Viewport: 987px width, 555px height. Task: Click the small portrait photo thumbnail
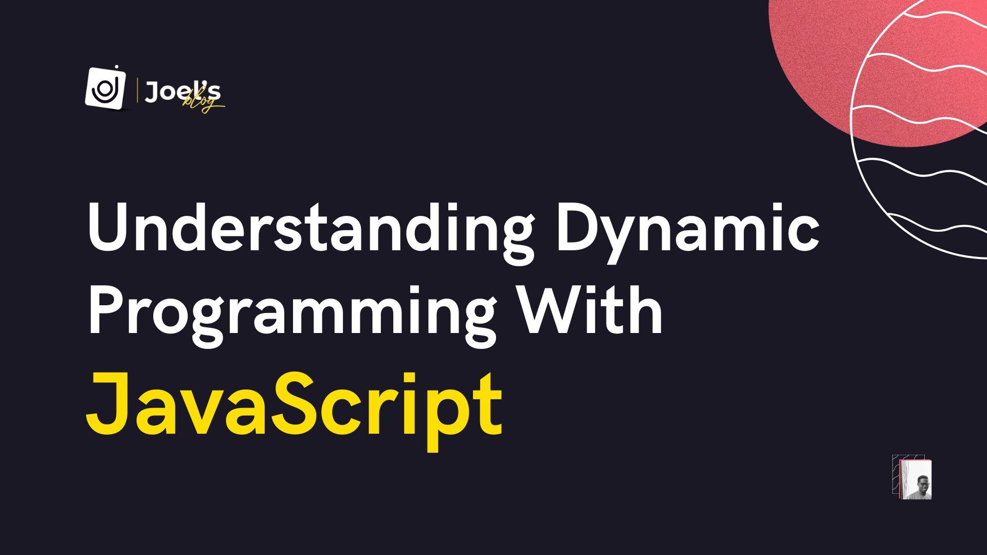click(913, 479)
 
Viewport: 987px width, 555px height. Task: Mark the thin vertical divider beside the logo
click(137, 91)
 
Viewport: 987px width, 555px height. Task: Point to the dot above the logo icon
click(117, 67)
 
